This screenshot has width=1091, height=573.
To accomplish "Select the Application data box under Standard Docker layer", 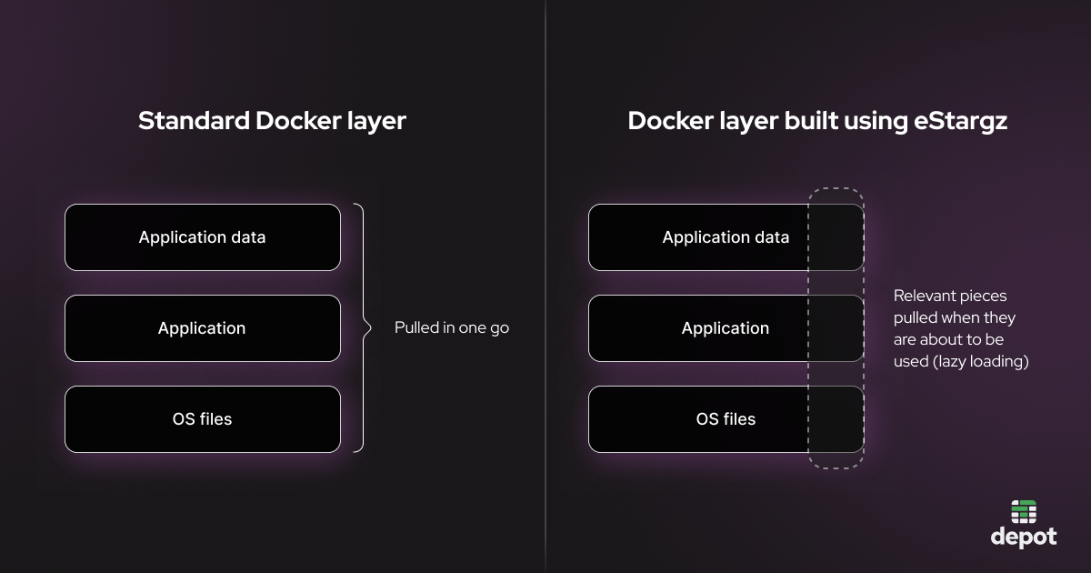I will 202,237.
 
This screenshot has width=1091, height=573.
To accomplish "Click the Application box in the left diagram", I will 202,328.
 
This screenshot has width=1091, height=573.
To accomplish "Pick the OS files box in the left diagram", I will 202,419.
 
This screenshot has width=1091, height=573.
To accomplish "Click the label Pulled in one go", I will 452,328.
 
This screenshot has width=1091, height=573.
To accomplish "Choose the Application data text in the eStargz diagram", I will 726,237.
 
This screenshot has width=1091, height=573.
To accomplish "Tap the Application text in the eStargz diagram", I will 726,328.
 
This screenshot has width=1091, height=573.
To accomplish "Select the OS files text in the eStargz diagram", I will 726,419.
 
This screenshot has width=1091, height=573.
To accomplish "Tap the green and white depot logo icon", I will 1024,511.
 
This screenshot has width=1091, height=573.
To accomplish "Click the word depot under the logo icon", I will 1024,537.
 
